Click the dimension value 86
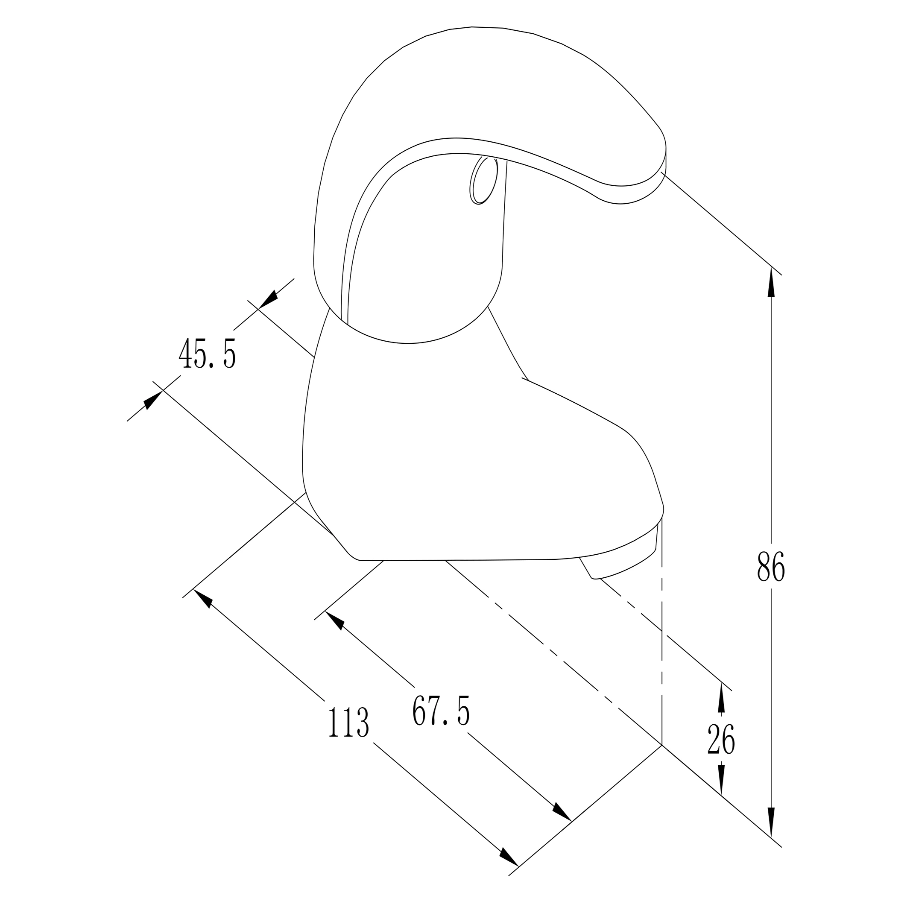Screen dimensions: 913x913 click(x=771, y=566)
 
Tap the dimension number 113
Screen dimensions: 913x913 click(x=348, y=722)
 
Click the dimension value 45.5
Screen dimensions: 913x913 click(x=207, y=353)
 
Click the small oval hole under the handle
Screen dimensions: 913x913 click(x=483, y=180)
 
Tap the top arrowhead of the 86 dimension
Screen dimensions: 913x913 click(x=771, y=282)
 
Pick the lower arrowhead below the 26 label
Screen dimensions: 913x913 click(x=721, y=780)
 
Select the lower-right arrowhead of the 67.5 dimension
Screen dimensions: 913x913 click(x=562, y=811)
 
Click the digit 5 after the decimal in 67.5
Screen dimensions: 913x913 click(x=463, y=710)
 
